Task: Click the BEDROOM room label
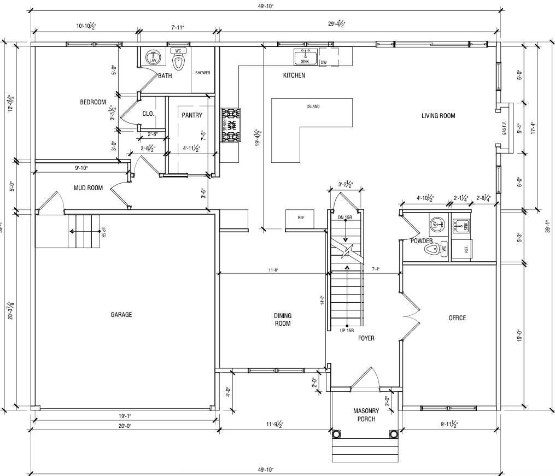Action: pos(92,102)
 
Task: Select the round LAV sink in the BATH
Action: pos(153,56)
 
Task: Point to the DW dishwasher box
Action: pos(324,62)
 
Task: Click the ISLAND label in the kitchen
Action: pos(313,107)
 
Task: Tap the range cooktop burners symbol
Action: pos(230,125)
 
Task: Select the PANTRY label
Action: pos(192,115)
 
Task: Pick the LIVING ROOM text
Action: pos(438,116)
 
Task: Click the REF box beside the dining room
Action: pos(300,218)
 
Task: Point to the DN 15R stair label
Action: pos(345,218)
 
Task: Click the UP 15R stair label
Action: pos(347,331)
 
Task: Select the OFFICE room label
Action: pos(457,318)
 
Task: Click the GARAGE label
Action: pos(121,315)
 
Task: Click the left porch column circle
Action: pos(337,434)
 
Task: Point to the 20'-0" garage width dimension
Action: pos(124,426)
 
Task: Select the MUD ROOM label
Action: pos(88,189)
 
